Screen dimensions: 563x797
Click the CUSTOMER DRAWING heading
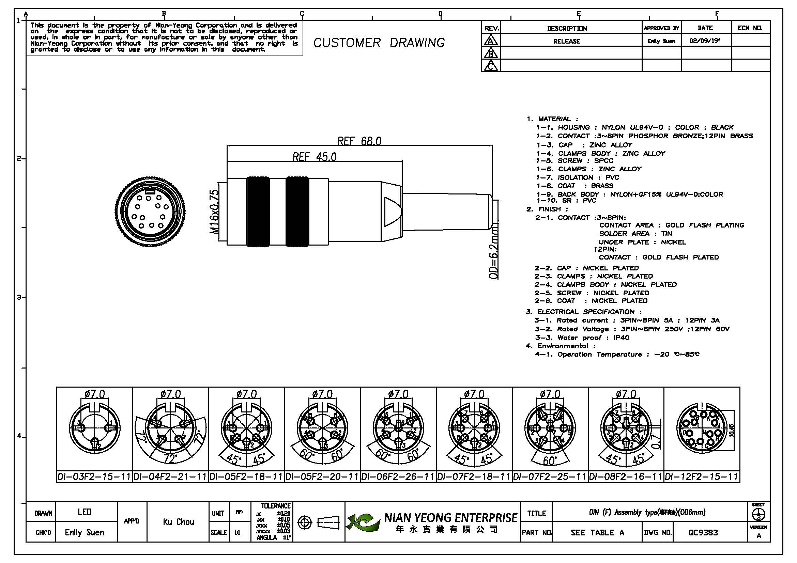(x=379, y=43)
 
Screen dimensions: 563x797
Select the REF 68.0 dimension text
(x=359, y=141)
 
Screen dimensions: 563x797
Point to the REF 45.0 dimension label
(x=315, y=157)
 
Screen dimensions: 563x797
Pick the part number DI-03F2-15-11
(x=94, y=477)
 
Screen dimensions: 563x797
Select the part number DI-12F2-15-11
(x=701, y=477)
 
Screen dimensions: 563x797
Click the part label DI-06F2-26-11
(x=398, y=477)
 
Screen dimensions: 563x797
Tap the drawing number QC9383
(x=703, y=532)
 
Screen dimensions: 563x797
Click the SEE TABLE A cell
(x=597, y=532)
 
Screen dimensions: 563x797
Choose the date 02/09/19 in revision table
(x=705, y=41)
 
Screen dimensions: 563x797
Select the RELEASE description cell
(x=567, y=41)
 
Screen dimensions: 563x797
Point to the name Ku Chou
(x=178, y=522)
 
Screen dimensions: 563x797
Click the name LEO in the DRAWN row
(x=85, y=512)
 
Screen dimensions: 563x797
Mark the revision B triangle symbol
(x=491, y=53)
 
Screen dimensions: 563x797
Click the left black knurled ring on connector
(x=258, y=212)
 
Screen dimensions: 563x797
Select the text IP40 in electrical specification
(x=621, y=338)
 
